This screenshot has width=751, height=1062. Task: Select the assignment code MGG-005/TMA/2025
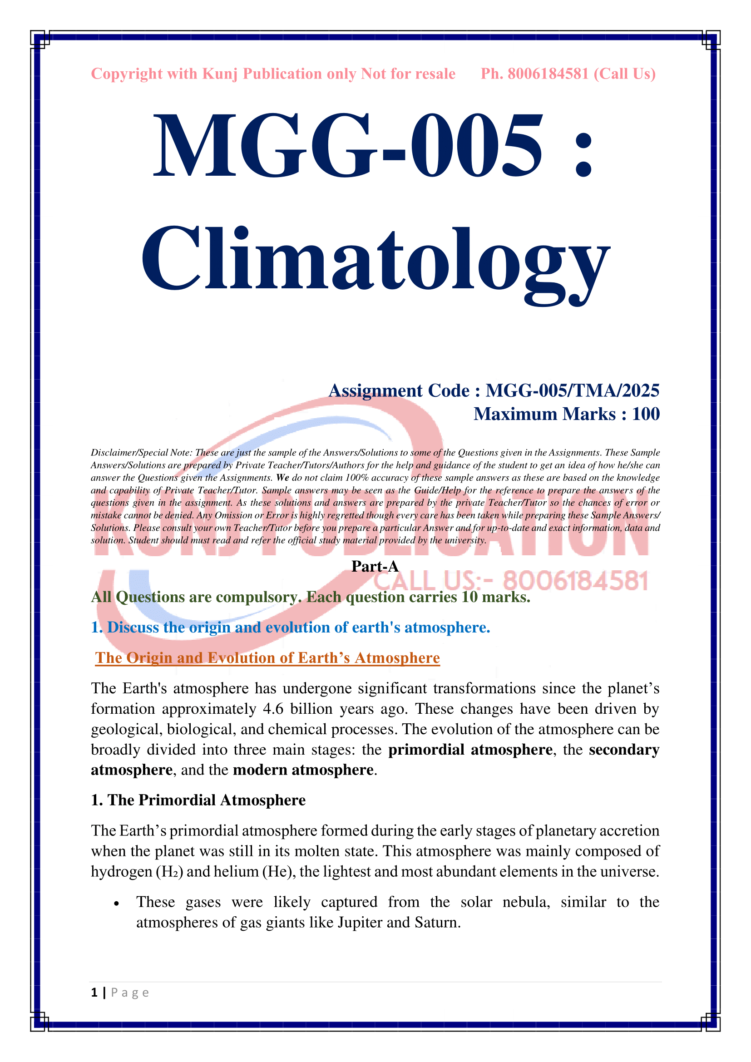coord(572,391)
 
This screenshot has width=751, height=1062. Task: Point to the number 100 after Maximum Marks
coord(646,414)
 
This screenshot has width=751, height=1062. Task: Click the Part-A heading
coord(375,566)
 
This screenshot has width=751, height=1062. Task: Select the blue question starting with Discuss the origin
coord(291,627)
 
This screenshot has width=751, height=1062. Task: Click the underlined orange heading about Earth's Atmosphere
coord(267,658)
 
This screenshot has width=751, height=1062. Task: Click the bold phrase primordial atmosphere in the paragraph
coord(470,749)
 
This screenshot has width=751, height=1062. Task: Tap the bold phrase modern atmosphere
coord(303,770)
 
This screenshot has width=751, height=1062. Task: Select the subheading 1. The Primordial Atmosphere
coord(198,800)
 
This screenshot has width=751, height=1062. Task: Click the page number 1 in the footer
coord(94,993)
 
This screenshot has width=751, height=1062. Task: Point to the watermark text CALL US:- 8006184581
coord(511,581)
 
